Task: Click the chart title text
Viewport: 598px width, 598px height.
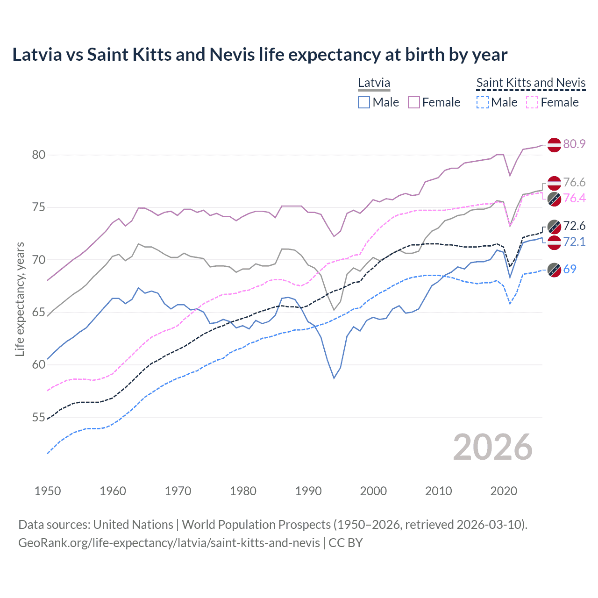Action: coord(260,55)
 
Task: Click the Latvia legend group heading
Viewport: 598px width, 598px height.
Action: coord(374,83)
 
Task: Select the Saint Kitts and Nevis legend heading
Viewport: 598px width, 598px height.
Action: coord(531,83)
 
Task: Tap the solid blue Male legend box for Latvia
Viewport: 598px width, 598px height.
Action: coord(364,102)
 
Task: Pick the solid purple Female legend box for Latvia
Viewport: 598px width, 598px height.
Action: coord(414,102)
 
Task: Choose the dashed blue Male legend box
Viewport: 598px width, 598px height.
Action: coord(483,102)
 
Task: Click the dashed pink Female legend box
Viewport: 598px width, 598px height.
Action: coord(532,102)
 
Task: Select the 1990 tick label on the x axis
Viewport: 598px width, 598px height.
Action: coord(308,491)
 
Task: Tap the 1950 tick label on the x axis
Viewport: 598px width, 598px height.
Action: coord(48,491)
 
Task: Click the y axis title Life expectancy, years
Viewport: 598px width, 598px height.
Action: coord(20,299)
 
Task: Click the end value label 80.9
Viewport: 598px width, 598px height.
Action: coord(574,144)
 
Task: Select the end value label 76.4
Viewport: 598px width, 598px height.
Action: coord(574,198)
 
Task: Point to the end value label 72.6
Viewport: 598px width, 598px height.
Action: coord(574,226)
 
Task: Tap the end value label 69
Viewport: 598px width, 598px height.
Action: coord(570,269)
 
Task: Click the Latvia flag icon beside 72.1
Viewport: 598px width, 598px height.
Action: coord(554,242)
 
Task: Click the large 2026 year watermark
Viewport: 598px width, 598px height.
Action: coord(492,447)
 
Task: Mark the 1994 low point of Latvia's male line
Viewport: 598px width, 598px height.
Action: coord(334,378)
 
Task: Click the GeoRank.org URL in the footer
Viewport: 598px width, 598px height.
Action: coord(169,543)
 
